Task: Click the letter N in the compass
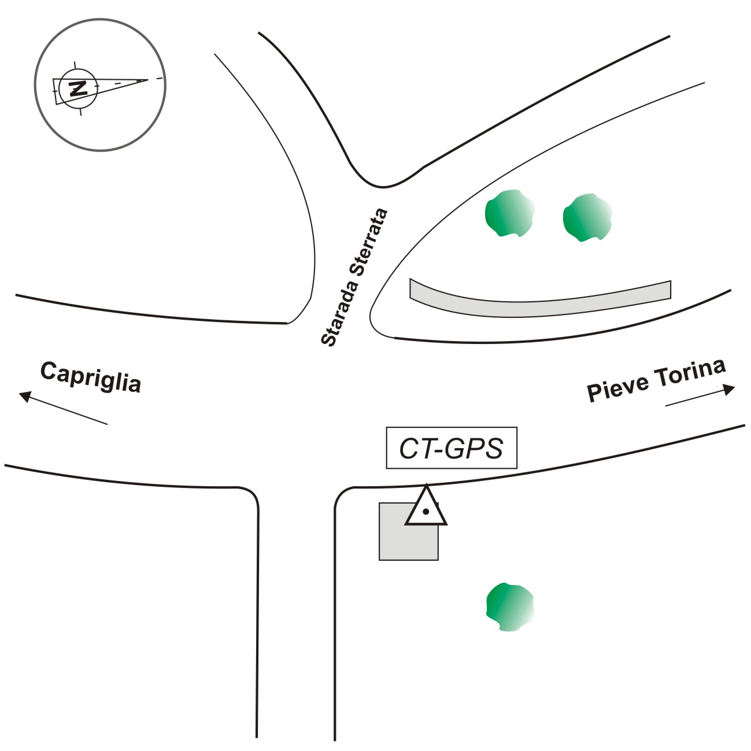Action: [77, 88]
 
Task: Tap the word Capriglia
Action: [91, 378]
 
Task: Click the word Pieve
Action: [617, 388]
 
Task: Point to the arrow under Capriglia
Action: [64, 408]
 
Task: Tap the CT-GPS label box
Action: [451, 447]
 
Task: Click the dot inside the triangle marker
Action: [426, 511]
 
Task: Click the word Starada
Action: [339, 318]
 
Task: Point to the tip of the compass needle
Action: [148, 80]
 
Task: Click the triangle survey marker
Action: [426, 507]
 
